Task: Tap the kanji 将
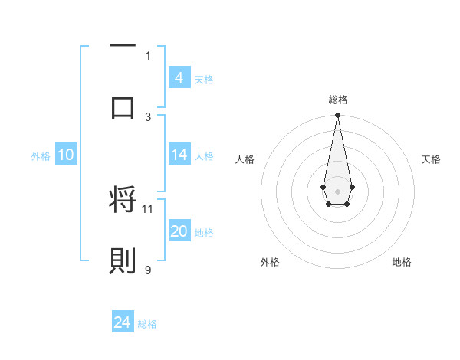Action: pyautogui.click(x=123, y=201)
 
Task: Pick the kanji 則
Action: pyautogui.click(x=123, y=260)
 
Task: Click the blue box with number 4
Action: pyautogui.click(x=179, y=77)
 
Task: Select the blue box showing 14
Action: pyautogui.click(x=179, y=155)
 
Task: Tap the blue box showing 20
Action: pyautogui.click(x=179, y=231)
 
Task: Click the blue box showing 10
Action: pyautogui.click(x=65, y=155)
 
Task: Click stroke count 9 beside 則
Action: pyautogui.click(x=148, y=269)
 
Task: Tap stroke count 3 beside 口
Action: pyautogui.click(x=148, y=116)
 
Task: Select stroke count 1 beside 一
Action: pyautogui.click(x=148, y=55)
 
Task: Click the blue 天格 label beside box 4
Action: pyautogui.click(x=204, y=79)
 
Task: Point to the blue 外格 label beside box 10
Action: pyautogui.click(x=41, y=155)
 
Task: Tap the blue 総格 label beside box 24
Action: pyautogui.click(x=147, y=324)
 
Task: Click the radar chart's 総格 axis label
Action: pyautogui.click(x=337, y=100)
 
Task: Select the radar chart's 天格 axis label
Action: pyautogui.click(x=432, y=159)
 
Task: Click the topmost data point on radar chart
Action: pyautogui.click(x=337, y=116)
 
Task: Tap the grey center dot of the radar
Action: pyautogui.click(x=337, y=190)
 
